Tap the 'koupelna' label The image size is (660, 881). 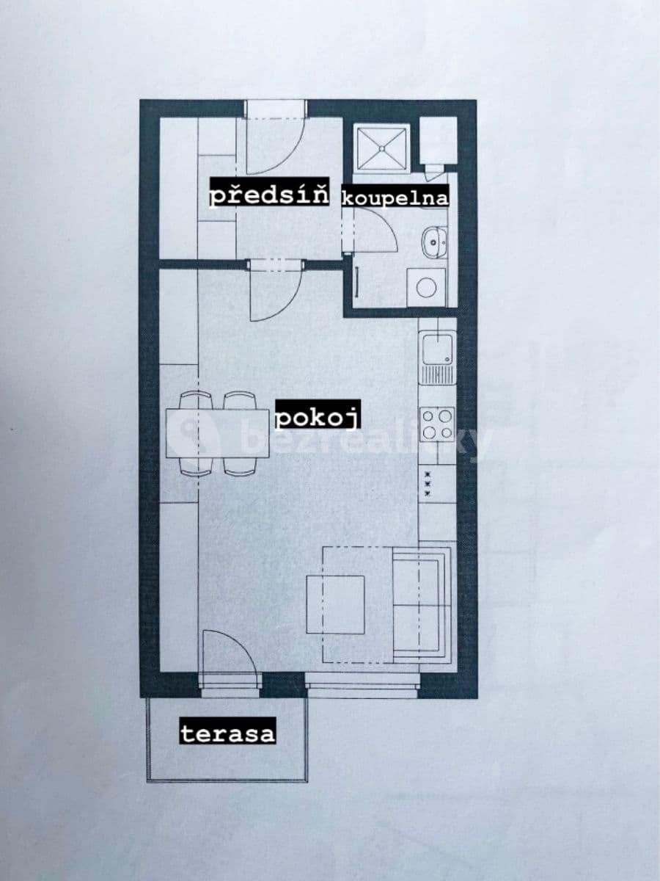coord(395,197)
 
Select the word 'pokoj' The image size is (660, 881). coord(318,418)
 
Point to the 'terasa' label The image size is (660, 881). coord(227,732)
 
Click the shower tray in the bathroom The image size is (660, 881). coord(381,149)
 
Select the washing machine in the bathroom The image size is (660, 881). coord(426,286)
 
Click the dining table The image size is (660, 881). coord(218,433)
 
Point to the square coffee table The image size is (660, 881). coord(336,603)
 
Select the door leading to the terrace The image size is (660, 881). coord(230,661)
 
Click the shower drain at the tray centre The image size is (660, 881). coord(381,149)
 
